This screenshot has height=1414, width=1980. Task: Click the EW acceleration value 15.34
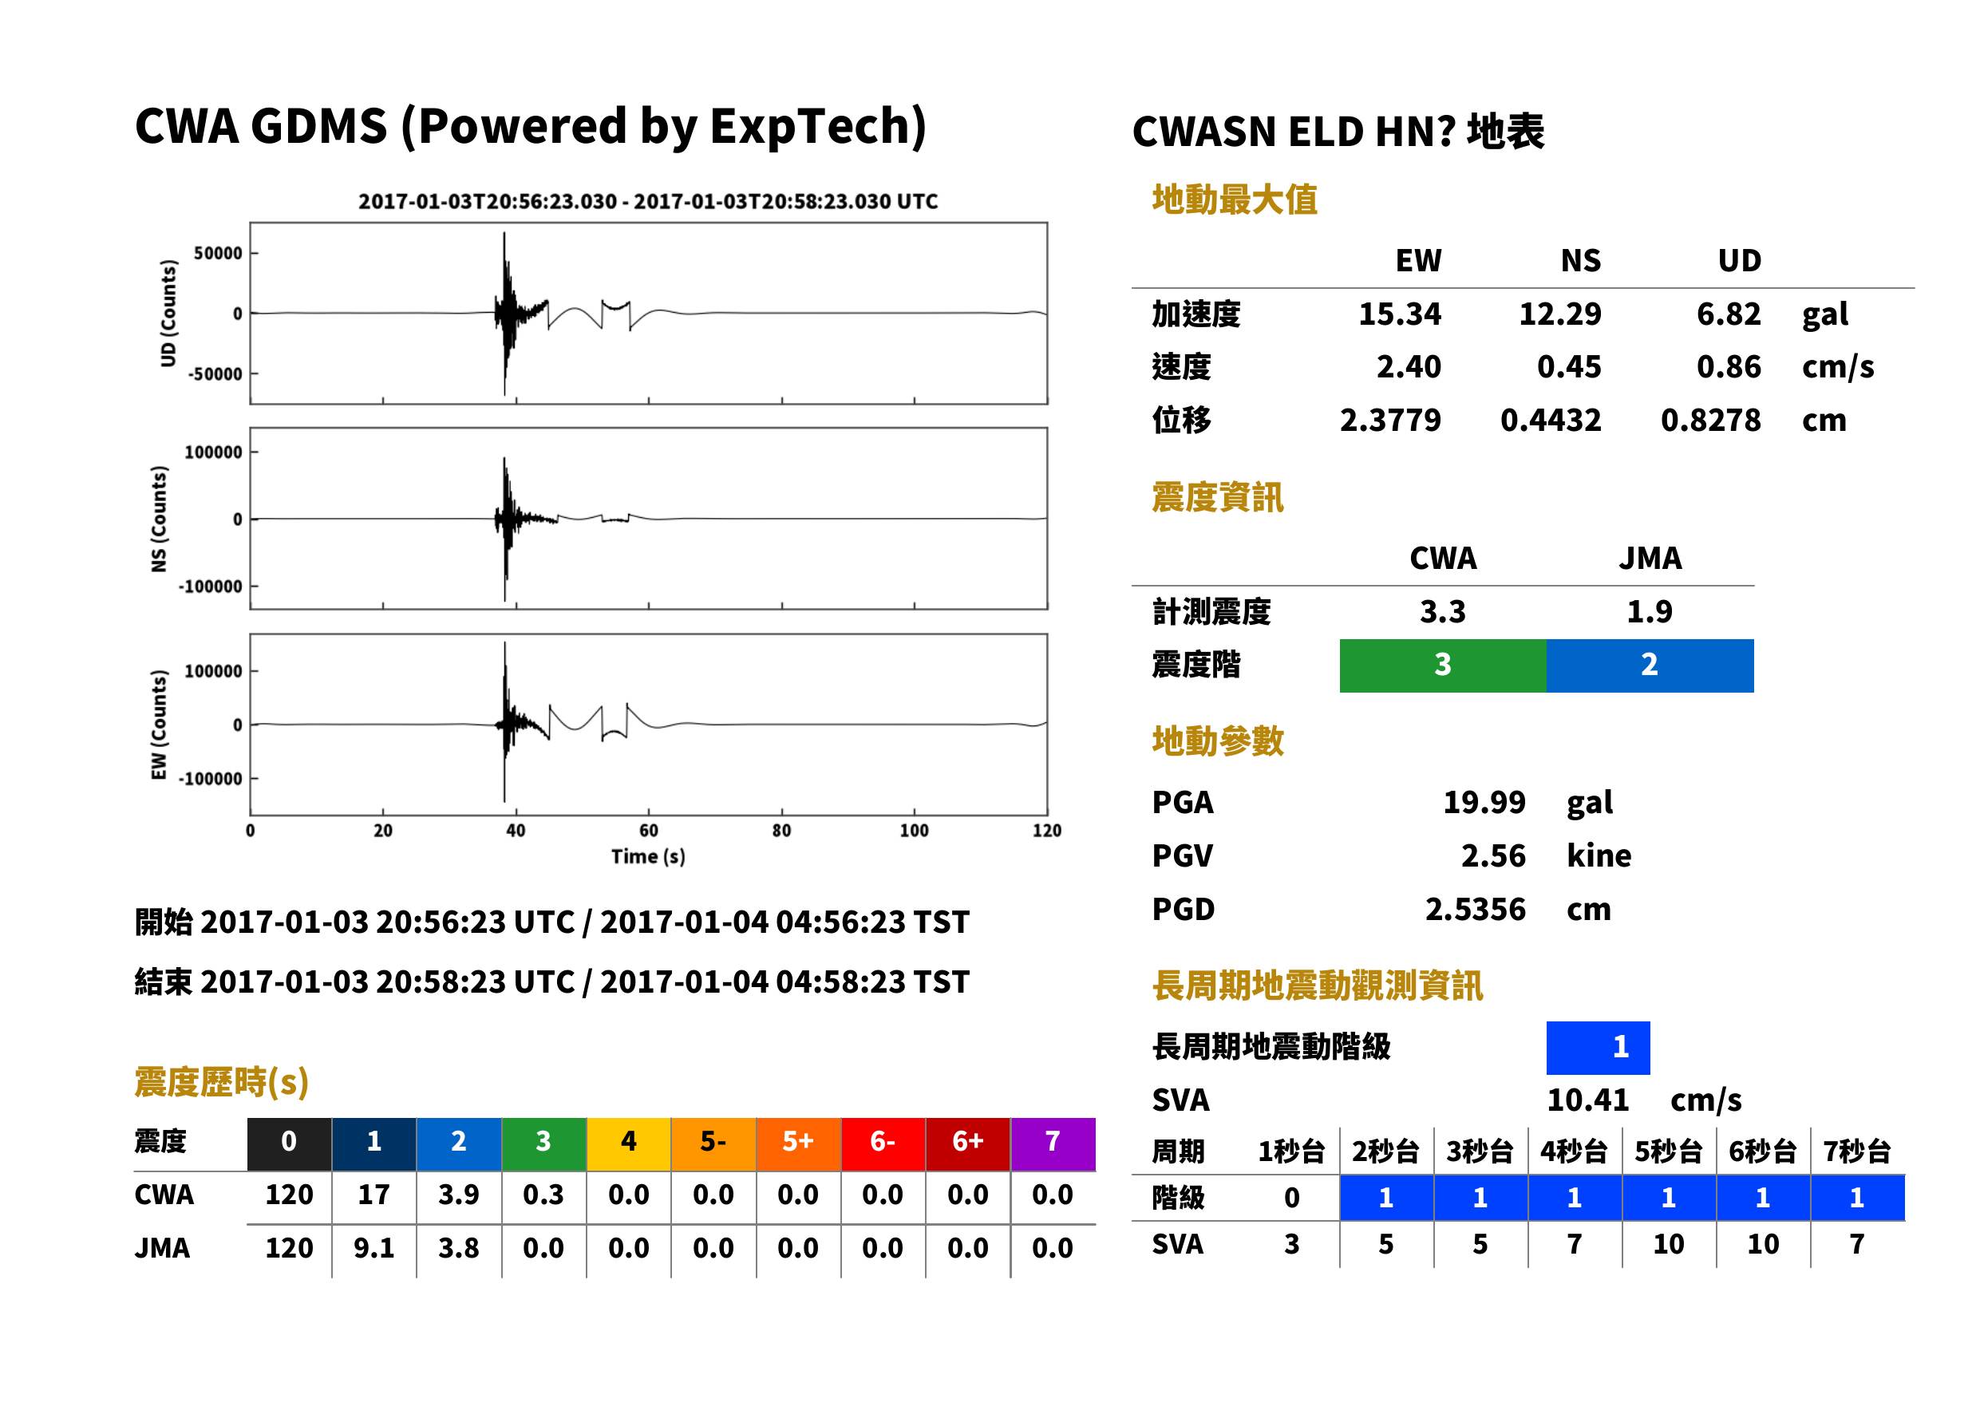1399,314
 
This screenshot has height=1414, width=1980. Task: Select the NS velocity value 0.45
1568,366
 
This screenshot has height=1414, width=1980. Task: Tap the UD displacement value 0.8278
1710,420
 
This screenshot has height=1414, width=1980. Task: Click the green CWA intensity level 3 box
1443,666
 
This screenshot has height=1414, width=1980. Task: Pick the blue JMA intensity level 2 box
1650,666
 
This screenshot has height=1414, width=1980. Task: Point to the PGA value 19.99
1484,802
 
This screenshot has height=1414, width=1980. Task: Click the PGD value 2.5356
1475,909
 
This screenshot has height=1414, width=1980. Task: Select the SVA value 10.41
1587,1100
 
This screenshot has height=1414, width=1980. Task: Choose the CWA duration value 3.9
459,1195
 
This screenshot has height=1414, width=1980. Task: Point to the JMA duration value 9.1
373,1248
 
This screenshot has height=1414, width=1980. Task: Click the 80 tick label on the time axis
781,831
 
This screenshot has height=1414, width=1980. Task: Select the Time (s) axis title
648,857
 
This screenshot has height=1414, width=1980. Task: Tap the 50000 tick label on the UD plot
218,254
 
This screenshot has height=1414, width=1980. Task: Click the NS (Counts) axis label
159,519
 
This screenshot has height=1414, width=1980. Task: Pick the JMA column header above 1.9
1650,558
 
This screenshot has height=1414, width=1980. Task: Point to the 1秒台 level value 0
1291,1198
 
